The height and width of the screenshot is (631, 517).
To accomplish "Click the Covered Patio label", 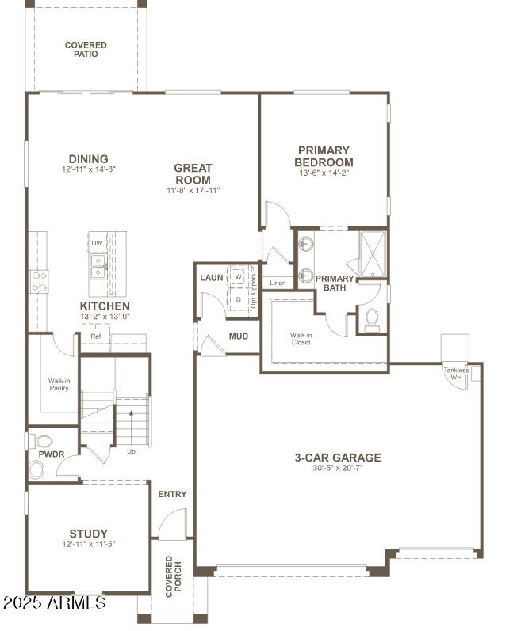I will click(86, 50).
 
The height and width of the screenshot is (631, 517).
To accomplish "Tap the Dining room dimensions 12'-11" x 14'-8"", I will click(88, 170).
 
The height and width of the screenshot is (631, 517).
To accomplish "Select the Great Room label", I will click(193, 173).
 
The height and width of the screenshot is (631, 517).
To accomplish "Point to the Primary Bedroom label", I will click(324, 156).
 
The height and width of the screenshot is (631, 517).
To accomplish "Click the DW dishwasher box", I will click(96, 242).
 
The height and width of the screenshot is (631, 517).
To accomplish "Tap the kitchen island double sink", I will click(98, 266).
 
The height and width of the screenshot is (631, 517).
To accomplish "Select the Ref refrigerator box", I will click(95, 336).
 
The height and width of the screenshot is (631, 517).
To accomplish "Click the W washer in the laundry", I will click(238, 277).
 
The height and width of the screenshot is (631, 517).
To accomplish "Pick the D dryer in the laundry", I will click(238, 300).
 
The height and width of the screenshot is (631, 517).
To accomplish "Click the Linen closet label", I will click(278, 283).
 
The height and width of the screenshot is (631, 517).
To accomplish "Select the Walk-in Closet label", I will click(301, 339).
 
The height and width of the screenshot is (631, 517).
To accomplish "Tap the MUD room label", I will click(239, 336).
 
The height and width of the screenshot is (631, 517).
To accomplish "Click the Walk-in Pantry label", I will click(59, 385).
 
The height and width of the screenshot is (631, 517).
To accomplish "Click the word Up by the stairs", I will click(131, 452).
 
